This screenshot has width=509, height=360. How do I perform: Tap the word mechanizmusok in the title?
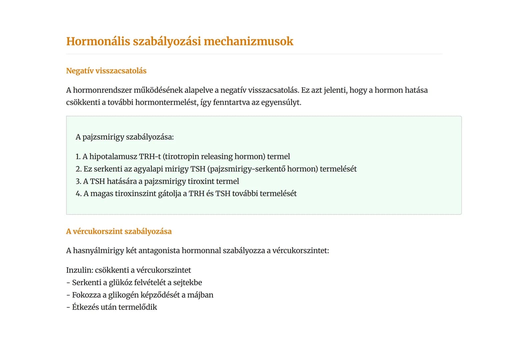(x=248, y=41)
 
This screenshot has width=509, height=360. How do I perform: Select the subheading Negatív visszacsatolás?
(x=106, y=71)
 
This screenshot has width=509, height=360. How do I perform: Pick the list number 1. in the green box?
(x=78, y=157)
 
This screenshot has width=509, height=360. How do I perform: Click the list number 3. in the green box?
(x=78, y=181)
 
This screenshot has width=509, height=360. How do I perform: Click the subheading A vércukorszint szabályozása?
(x=119, y=231)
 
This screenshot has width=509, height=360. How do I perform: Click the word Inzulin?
(x=79, y=270)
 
